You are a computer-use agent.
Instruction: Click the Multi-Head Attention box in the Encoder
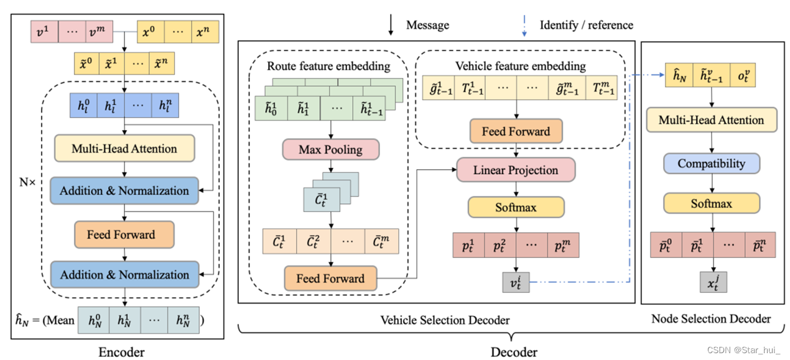tap(124, 149)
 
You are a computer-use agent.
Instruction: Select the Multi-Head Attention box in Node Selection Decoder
tap(711, 120)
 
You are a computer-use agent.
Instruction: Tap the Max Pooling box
tap(330, 150)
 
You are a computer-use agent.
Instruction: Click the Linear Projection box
tap(516, 170)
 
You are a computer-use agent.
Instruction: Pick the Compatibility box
tap(711, 164)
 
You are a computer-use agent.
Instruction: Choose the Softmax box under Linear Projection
tap(516, 207)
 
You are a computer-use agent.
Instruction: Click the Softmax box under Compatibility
tap(711, 203)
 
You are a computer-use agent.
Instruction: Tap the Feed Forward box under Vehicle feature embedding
tap(516, 131)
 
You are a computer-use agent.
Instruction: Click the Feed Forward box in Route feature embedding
tap(330, 278)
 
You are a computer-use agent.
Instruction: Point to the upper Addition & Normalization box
tap(124, 190)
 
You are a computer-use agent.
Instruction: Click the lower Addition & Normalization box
tap(124, 274)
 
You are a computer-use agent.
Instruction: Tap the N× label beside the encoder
tap(28, 183)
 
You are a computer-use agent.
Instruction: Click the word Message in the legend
tap(427, 25)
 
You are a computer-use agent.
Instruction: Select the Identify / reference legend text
tap(586, 25)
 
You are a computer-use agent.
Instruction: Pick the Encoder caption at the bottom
tap(121, 352)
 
